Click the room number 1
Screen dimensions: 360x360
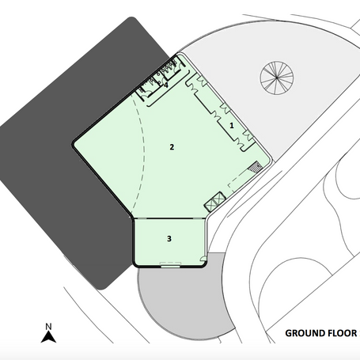coord(232,125)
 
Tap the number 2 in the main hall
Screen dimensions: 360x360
coord(172,147)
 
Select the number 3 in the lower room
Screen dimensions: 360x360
coord(169,238)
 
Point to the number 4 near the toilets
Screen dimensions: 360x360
coord(166,85)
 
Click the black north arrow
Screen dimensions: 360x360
coord(48,337)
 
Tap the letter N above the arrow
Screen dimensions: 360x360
coord(48,327)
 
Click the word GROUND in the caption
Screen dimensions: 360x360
coord(302,333)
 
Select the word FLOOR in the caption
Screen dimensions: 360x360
coord(339,333)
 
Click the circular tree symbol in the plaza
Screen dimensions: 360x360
coord(277,78)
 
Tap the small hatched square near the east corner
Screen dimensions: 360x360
coord(256,167)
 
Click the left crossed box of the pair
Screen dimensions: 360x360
coord(211,205)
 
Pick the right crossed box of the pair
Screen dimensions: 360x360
coord(219,199)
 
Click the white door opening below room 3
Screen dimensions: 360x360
coord(170,265)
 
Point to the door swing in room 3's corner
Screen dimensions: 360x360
coord(203,259)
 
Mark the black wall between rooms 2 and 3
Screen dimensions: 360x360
coord(170,218)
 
